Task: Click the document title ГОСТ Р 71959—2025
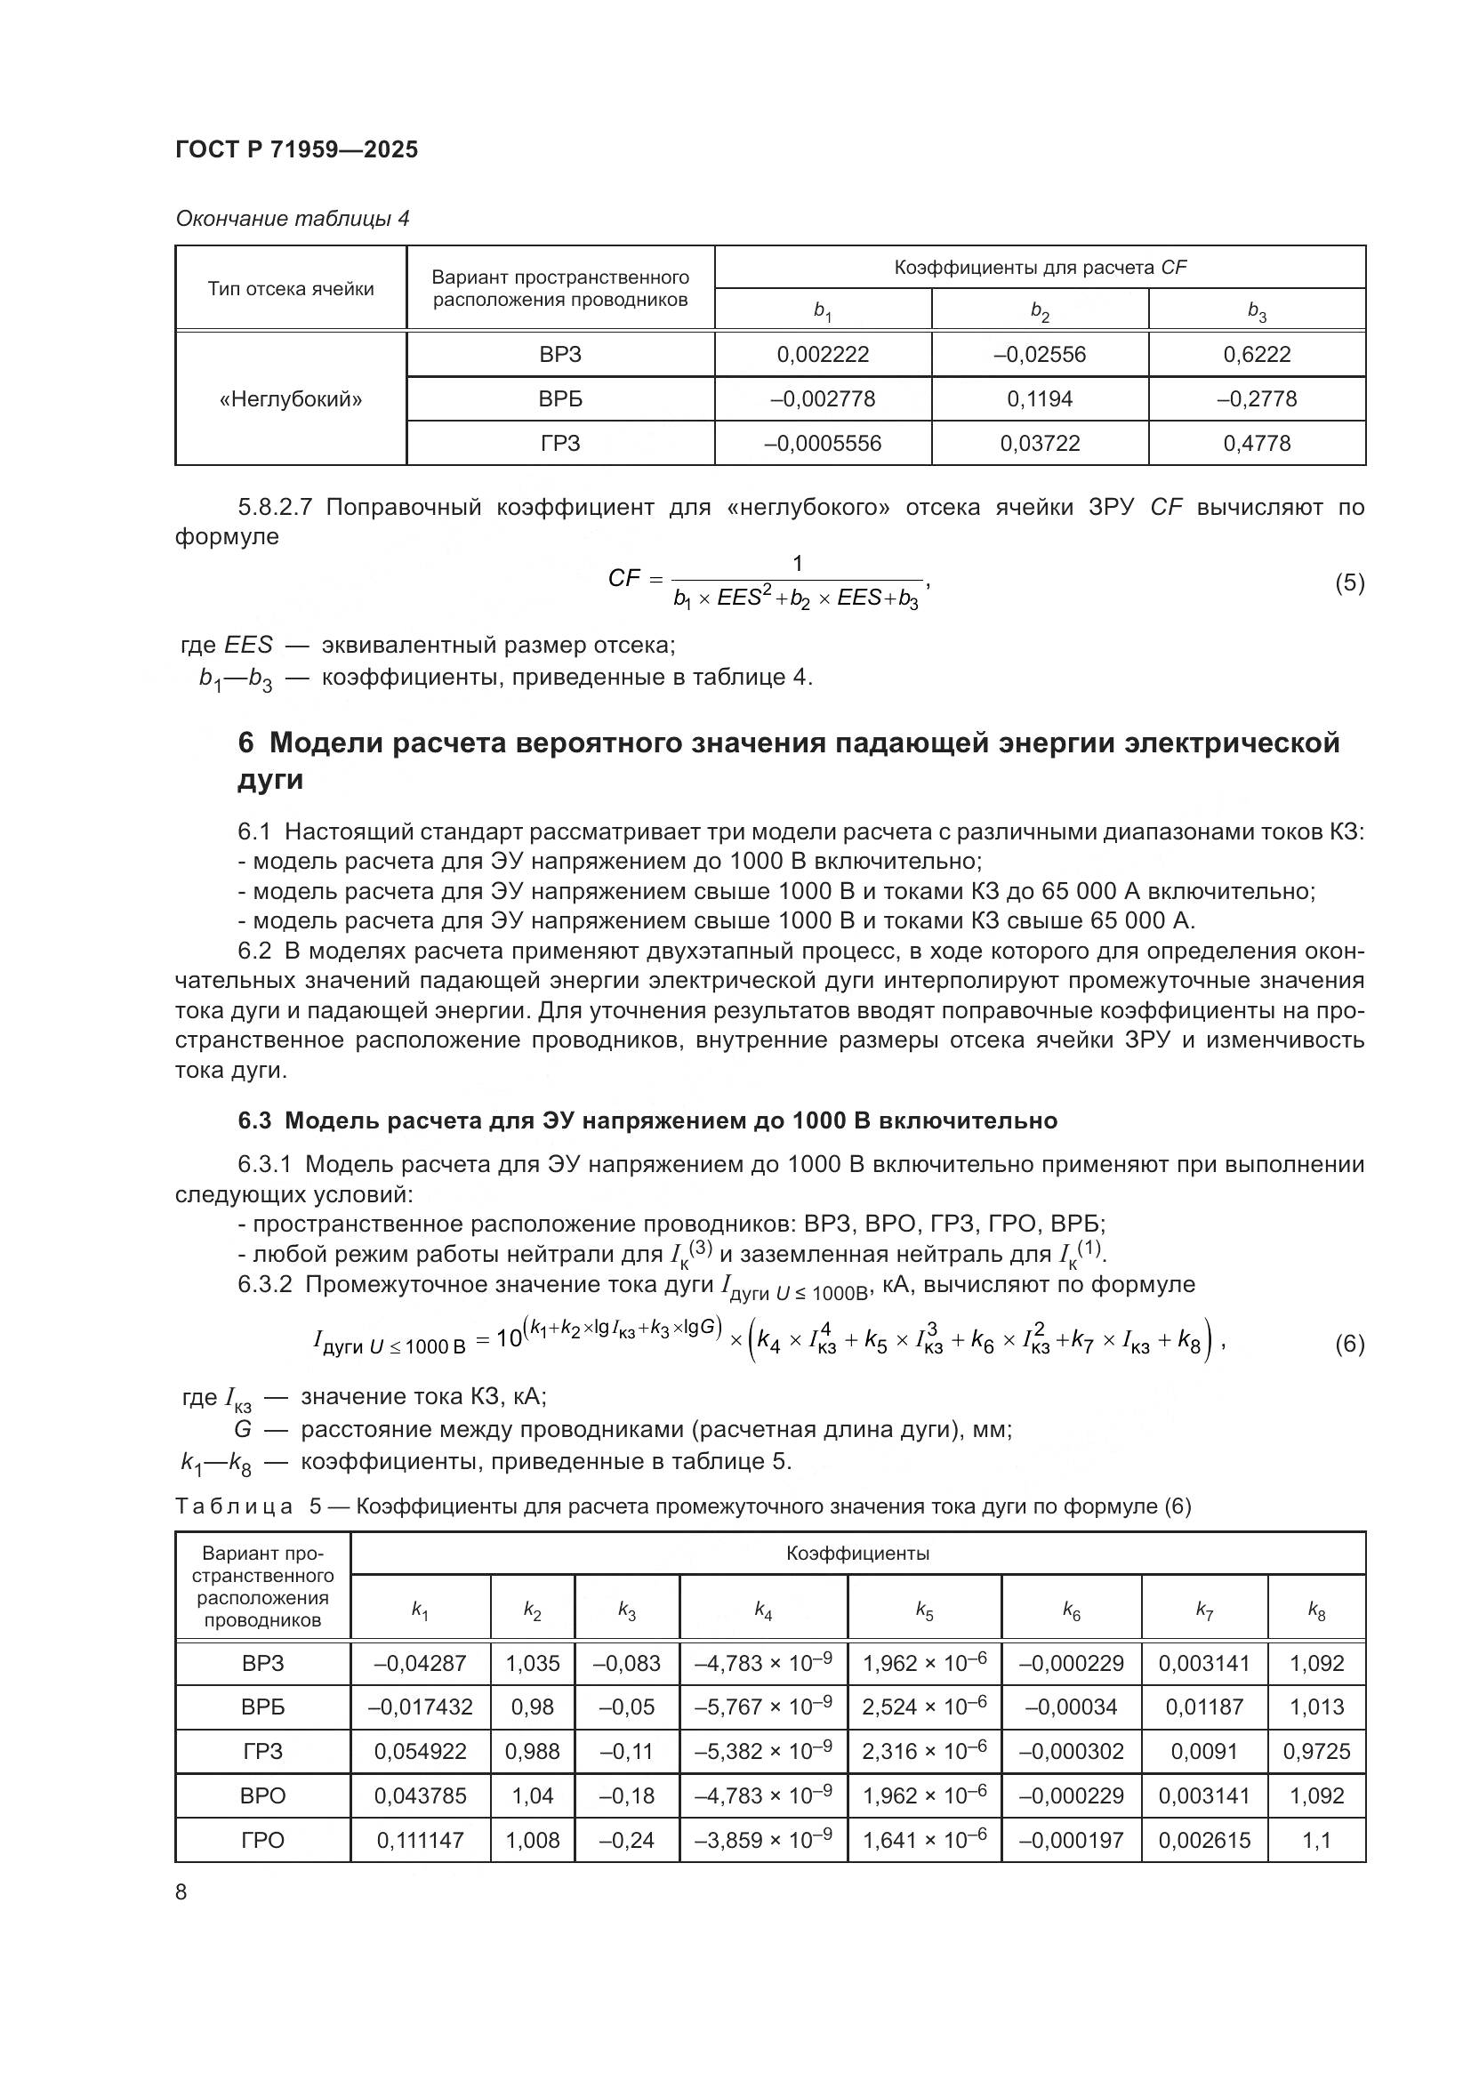tap(296, 149)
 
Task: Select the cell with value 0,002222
tap(823, 354)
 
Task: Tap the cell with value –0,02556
tap(1039, 354)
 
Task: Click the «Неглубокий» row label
tap(291, 398)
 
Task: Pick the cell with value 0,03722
tap(1039, 443)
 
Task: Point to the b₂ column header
tap(1039, 310)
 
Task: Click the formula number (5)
tap(1349, 582)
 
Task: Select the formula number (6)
tap(1349, 1344)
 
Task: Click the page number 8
tap(181, 1891)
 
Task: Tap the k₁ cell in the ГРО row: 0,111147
tap(421, 1840)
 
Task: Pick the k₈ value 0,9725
tap(1316, 1751)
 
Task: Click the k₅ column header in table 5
tap(924, 1610)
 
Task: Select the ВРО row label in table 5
tap(262, 1795)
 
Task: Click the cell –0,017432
tap(421, 1707)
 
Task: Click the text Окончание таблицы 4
tap(292, 219)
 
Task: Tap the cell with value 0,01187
tap(1204, 1707)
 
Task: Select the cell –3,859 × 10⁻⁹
tap(763, 1840)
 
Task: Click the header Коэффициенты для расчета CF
tap(1039, 268)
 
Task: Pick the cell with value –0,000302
tap(1071, 1751)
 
